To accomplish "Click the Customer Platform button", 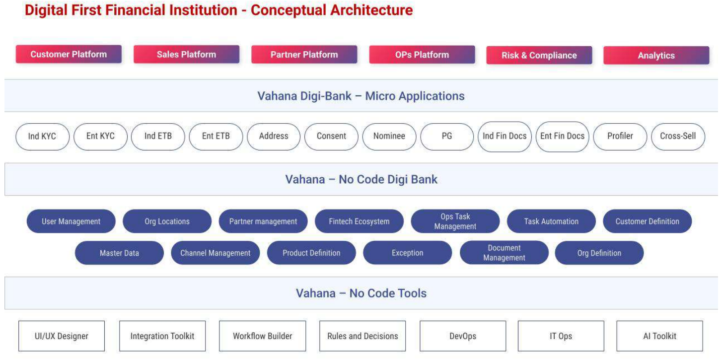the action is [69, 54].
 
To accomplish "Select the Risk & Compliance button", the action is [539, 55].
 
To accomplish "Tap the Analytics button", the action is [656, 56].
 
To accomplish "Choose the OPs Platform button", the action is [422, 55].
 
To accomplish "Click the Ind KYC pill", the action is [42, 137].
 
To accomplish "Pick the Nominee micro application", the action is [389, 137].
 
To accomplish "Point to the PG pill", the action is [447, 137].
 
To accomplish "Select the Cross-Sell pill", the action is [678, 137].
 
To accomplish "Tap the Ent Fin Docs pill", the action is [563, 137].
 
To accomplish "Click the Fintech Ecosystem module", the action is [359, 221].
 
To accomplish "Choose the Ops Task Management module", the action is [455, 221].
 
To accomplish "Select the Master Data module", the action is [119, 253].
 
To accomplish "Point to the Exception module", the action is [407, 253].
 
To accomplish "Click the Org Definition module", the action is [599, 253].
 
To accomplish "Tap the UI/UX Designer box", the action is [62, 336].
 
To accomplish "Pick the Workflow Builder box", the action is [262, 336].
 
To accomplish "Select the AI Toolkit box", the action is [660, 336].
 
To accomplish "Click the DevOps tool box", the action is [463, 336].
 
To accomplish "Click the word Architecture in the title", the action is [371, 10].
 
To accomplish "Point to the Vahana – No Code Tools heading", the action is [361, 293].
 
